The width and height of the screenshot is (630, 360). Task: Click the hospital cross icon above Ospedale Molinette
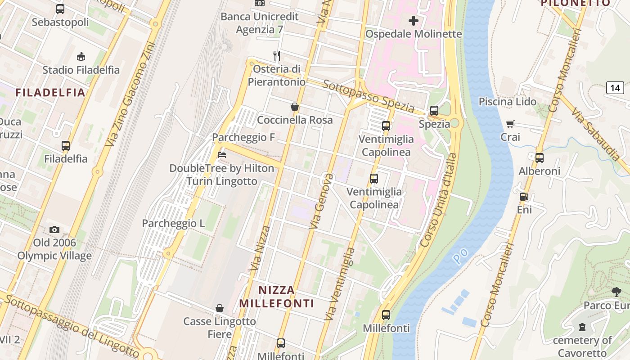tap(413, 20)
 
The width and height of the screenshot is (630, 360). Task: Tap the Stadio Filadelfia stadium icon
tap(81, 56)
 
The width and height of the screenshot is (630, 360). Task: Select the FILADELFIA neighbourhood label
tap(50, 93)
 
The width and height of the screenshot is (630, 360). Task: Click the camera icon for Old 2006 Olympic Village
tap(54, 229)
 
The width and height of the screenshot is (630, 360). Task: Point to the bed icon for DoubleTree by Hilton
tap(221, 155)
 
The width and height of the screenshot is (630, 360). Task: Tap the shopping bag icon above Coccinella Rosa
tap(295, 107)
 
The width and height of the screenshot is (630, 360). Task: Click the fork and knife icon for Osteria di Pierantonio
tap(277, 56)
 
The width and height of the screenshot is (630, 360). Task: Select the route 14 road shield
tap(615, 87)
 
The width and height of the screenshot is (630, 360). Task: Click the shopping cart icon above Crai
tap(510, 124)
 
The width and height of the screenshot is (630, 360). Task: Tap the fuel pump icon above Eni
tap(524, 196)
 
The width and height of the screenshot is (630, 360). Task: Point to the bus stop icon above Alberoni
tap(540, 158)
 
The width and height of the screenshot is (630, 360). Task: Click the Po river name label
tap(460, 256)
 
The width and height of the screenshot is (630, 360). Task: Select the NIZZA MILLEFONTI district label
tap(276, 297)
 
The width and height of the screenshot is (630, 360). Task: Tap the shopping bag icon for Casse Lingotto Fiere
tap(220, 308)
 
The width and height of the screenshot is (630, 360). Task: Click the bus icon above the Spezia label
tap(434, 111)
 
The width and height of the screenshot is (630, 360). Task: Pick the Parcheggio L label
tap(173, 223)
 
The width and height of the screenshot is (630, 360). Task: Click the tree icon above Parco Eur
tap(616, 292)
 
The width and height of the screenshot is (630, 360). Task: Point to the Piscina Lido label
tap(507, 102)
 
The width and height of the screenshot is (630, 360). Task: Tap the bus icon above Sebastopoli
tap(60, 9)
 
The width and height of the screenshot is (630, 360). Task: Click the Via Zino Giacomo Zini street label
tap(130, 94)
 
